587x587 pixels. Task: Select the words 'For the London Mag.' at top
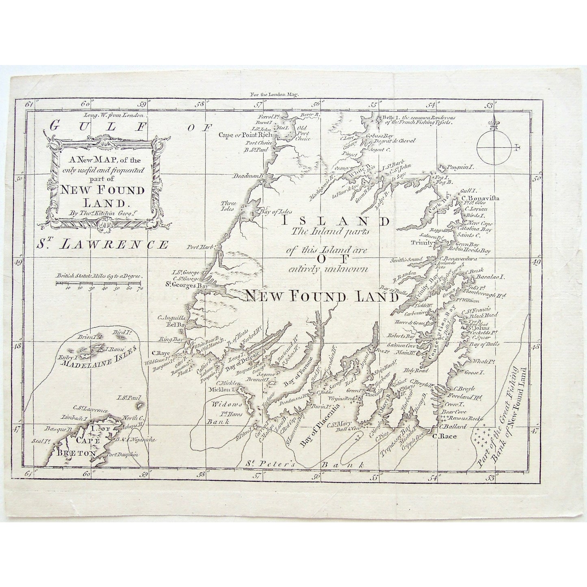click(x=275, y=94)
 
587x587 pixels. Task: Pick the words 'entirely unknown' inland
click(x=328, y=269)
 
